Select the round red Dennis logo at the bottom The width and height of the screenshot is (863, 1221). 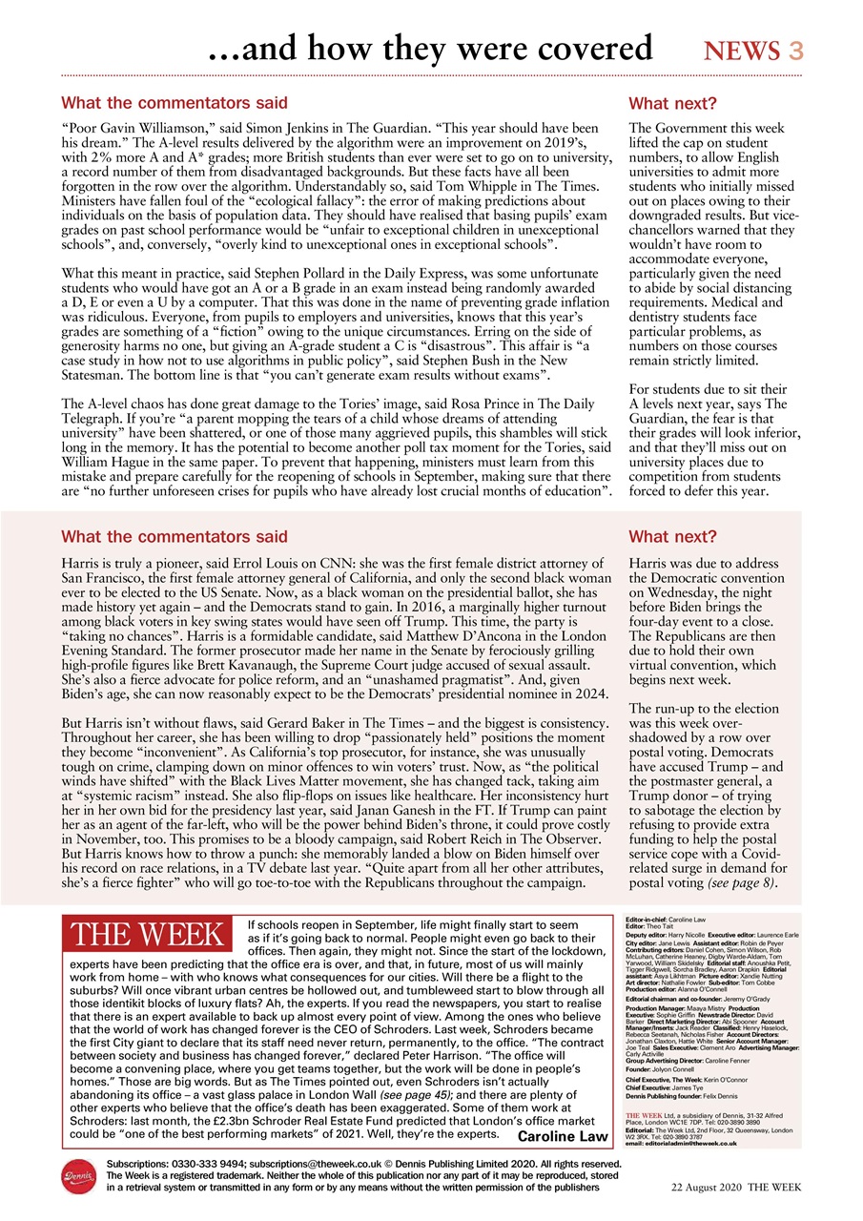[x=79, y=1177]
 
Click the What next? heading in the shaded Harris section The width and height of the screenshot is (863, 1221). [x=671, y=537]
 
